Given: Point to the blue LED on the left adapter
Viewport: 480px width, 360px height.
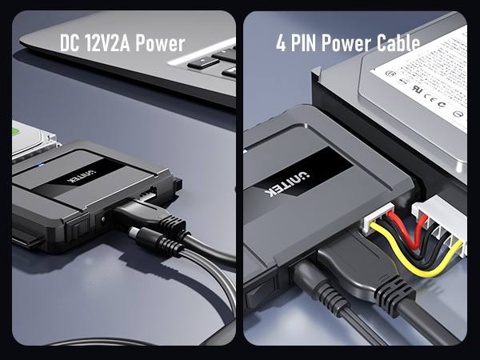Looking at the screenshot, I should click(x=40, y=166).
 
